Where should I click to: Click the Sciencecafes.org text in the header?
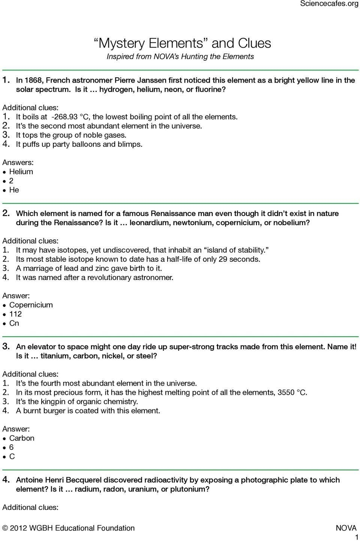330,4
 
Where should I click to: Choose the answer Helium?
21,171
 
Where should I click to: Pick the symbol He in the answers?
14,190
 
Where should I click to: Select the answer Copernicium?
31,305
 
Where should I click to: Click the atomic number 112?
15,314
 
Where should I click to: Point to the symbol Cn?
14,323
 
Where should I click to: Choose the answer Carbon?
22,438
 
